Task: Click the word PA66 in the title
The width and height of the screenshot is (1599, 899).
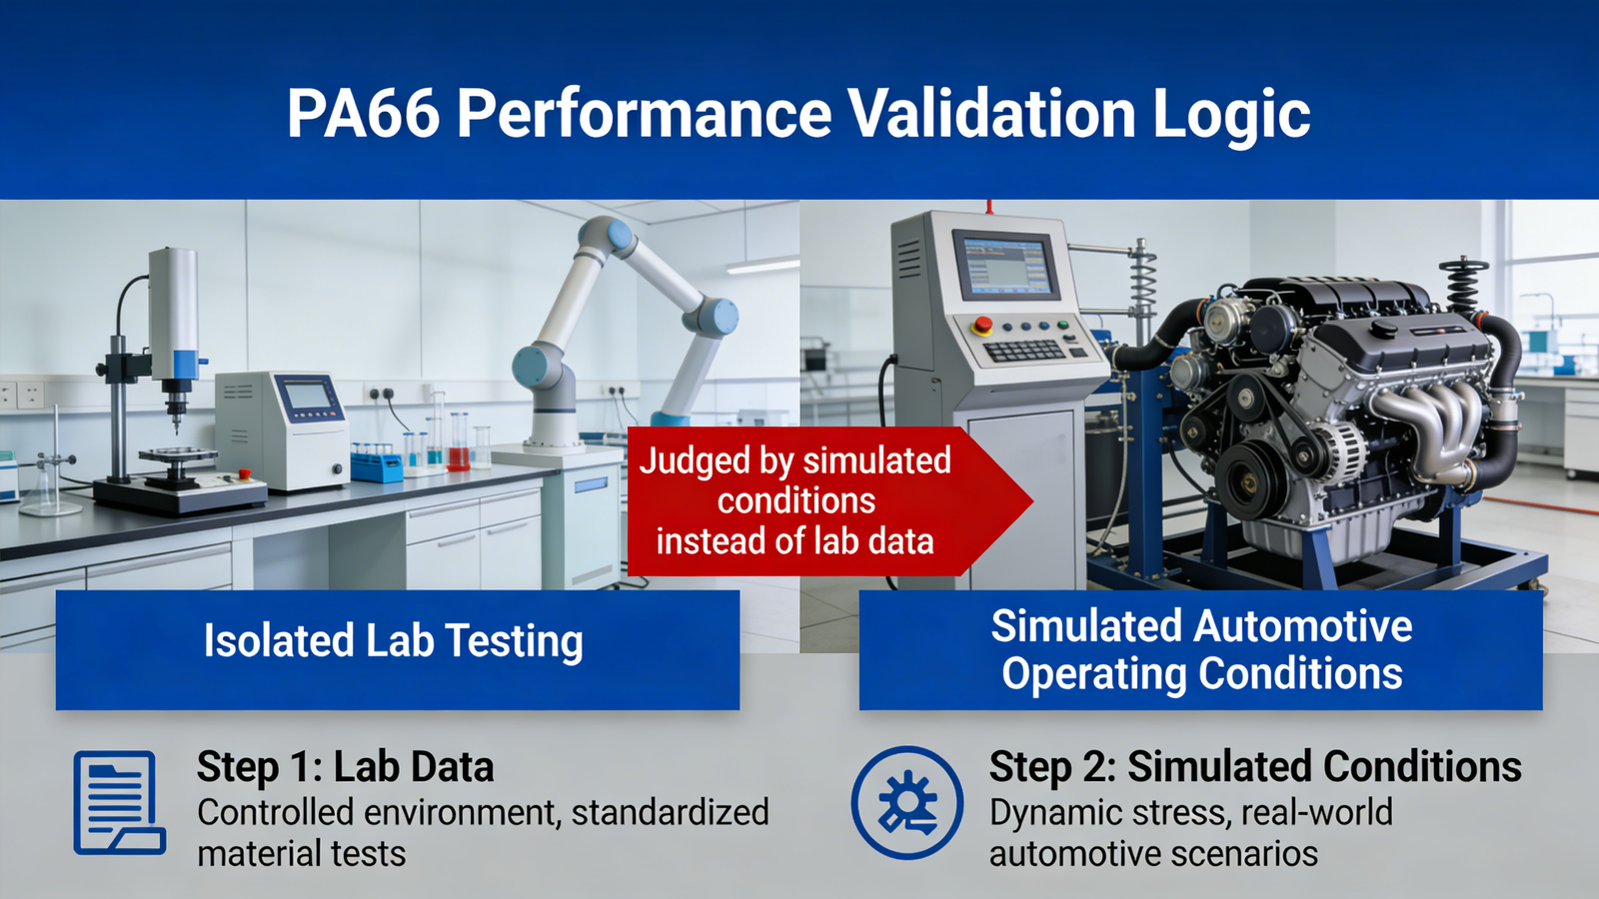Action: click(364, 113)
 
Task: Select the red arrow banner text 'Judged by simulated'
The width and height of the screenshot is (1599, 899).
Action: click(795, 460)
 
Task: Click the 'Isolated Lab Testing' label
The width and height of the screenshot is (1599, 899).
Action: click(394, 640)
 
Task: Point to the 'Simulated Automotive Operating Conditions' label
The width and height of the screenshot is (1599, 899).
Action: click(1201, 649)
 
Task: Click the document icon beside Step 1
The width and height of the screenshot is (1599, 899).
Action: click(119, 803)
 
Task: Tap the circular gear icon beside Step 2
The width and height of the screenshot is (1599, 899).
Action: click(907, 803)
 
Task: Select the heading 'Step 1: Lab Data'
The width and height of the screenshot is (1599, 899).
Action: click(345, 767)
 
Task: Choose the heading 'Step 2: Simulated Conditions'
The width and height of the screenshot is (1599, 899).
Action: click(1255, 767)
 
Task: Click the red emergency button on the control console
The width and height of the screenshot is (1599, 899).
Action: click(983, 325)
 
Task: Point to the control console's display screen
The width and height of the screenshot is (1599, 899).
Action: click(1008, 266)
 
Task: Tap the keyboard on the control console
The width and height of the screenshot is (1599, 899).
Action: click(1024, 351)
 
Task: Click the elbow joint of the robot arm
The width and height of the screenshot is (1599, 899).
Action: click(712, 316)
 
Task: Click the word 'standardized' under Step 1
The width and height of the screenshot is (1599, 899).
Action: click(670, 812)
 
